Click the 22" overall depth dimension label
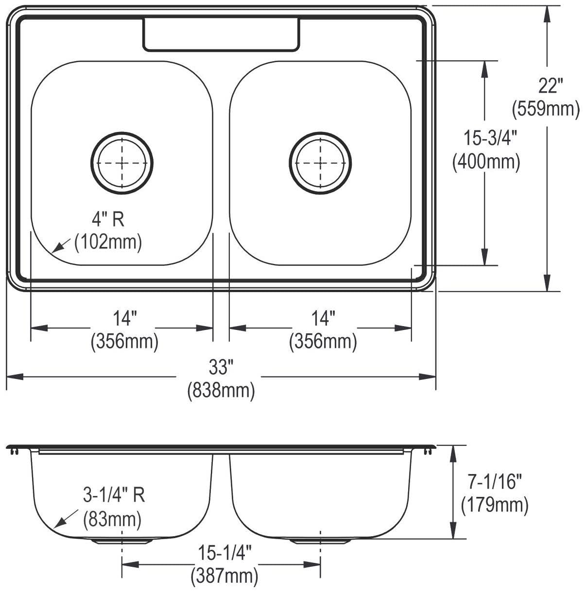point(551,85)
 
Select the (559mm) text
point(546,109)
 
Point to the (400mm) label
point(486,162)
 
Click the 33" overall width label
point(221,367)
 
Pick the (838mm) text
point(221,391)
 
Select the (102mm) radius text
point(108,243)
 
